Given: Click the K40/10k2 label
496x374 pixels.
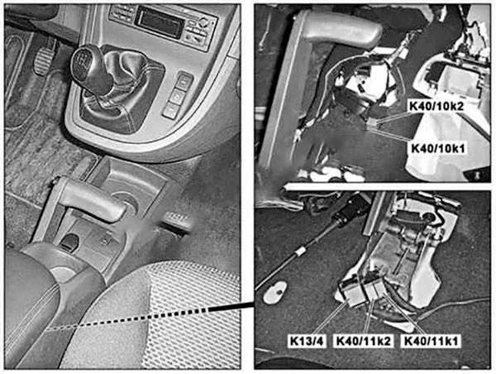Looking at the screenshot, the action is tap(436, 107).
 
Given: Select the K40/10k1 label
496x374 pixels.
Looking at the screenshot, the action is tap(438, 148).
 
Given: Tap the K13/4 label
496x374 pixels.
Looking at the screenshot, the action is tap(307, 341).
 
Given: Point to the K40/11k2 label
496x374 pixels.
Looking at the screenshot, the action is tap(364, 341).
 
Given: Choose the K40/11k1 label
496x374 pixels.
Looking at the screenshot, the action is tap(432, 341).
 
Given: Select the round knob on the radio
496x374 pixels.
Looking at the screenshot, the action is tap(203, 23).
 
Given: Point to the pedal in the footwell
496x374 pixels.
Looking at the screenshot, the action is tap(45, 57).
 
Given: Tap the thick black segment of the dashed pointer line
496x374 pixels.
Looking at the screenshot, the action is tap(231, 306).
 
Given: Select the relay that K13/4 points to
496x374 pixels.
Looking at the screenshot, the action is tap(352, 292).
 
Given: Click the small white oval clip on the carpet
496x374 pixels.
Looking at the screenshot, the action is tap(275, 292).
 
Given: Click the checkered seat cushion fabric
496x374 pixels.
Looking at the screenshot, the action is tap(177, 317).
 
